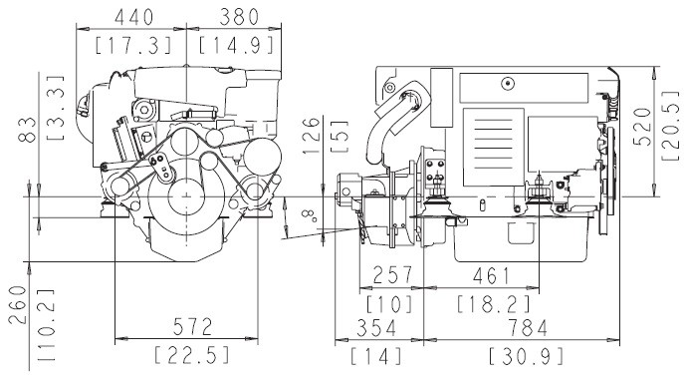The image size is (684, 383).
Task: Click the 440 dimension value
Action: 134,18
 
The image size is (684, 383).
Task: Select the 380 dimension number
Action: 239,18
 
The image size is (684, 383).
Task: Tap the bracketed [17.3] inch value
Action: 133,46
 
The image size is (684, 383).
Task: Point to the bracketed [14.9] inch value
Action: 237,45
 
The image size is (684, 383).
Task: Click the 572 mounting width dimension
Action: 193,326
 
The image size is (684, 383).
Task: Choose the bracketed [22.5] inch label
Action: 192,355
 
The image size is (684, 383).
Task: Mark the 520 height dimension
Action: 642,127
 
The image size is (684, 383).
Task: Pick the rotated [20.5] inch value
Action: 670,126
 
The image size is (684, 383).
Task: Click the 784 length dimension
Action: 528,328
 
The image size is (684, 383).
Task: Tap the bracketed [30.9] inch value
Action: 526,356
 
